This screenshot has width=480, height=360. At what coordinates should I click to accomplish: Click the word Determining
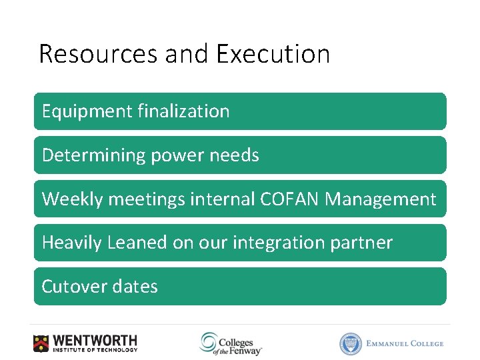click(x=93, y=155)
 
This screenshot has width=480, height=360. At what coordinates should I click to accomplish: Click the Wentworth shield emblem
click(x=41, y=343)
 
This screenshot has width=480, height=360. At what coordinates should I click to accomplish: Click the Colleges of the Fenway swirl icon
click(x=208, y=343)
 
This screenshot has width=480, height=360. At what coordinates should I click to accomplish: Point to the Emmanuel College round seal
click(x=349, y=343)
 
